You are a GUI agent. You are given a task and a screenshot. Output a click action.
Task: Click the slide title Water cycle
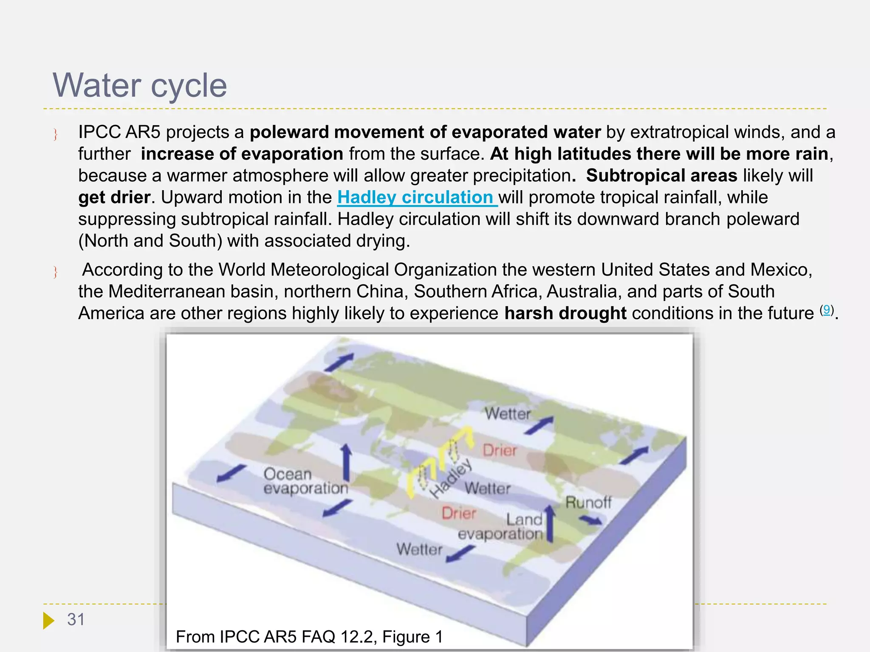click(140, 85)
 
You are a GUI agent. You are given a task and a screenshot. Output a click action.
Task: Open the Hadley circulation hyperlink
click(417, 197)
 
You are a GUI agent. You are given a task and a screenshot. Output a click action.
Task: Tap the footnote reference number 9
click(826, 309)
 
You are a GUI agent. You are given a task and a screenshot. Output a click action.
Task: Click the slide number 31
click(76, 619)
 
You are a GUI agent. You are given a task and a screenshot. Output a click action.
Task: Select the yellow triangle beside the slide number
click(48, 620)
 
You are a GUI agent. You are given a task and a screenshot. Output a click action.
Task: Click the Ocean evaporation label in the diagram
click(305, 481)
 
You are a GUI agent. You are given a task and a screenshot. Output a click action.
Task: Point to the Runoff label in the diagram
click(588, 503)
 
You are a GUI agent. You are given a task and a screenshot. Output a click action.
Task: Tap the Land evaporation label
click(501, 527)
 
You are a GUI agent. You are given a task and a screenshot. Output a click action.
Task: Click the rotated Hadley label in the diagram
click(451, 478)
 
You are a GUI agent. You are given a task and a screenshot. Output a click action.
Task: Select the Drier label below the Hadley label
click(459, 513)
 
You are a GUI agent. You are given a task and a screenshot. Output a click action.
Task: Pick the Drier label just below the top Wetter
click(500, 450)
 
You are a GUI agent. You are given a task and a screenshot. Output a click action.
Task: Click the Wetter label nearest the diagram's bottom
click(419, 549)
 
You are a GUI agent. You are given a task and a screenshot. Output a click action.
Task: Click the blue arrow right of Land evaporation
click(550, 524)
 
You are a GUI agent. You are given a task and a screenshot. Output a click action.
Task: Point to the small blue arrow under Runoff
click(590, 520)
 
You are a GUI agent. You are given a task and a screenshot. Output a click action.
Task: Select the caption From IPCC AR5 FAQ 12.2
click(309, 637)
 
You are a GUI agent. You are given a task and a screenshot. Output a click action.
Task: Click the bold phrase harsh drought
click(565, 313)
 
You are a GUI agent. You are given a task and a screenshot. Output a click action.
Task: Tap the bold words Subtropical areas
click(661, 176)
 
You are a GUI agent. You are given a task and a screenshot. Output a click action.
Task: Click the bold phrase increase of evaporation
click(242, 154)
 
